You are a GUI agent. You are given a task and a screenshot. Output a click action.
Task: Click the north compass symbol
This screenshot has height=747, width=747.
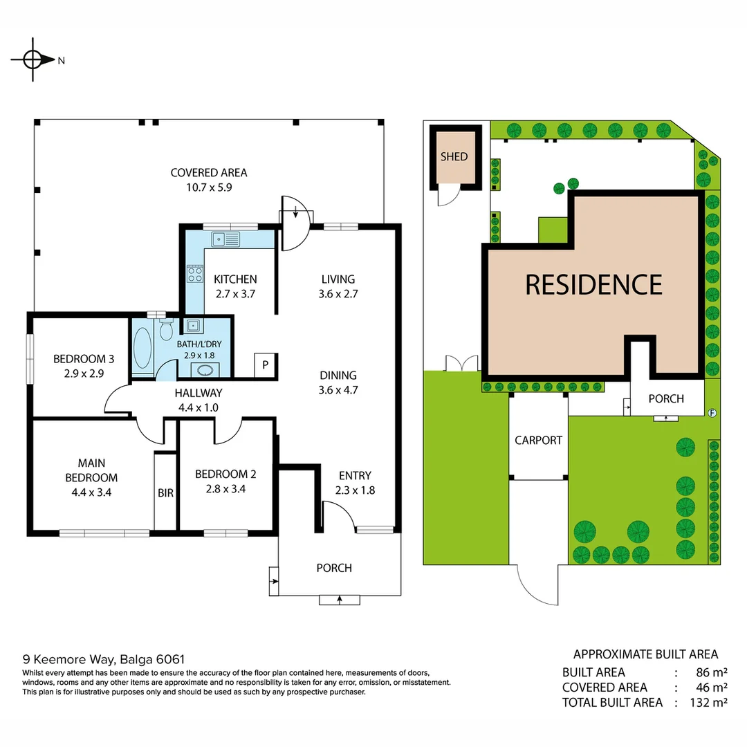point(33,60)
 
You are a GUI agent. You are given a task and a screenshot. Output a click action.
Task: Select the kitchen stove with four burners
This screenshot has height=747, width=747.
point(194,275)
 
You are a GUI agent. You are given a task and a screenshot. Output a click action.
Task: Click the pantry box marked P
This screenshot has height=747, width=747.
point(264,365)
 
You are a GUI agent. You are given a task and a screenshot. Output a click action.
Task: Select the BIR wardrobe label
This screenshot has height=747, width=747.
point(165,493)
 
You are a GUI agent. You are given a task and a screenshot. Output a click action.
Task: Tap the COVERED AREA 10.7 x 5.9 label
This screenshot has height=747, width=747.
point(209,179)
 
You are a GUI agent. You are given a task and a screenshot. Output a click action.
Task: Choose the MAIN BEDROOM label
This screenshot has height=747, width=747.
point(91,470)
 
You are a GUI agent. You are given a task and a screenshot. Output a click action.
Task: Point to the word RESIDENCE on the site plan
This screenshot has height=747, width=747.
point(593,284)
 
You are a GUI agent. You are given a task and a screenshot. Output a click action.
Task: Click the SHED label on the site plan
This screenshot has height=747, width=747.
point(454,157)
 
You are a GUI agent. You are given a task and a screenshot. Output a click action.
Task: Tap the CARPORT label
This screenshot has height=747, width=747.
point(538,440)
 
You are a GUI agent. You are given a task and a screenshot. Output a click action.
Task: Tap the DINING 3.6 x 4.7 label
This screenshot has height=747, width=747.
point(338,382)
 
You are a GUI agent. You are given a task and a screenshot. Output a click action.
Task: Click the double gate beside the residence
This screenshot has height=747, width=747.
point(460,363)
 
